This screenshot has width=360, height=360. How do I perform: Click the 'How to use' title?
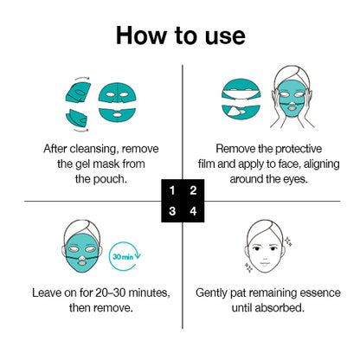pyautogui.click(x=180, y=35)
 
